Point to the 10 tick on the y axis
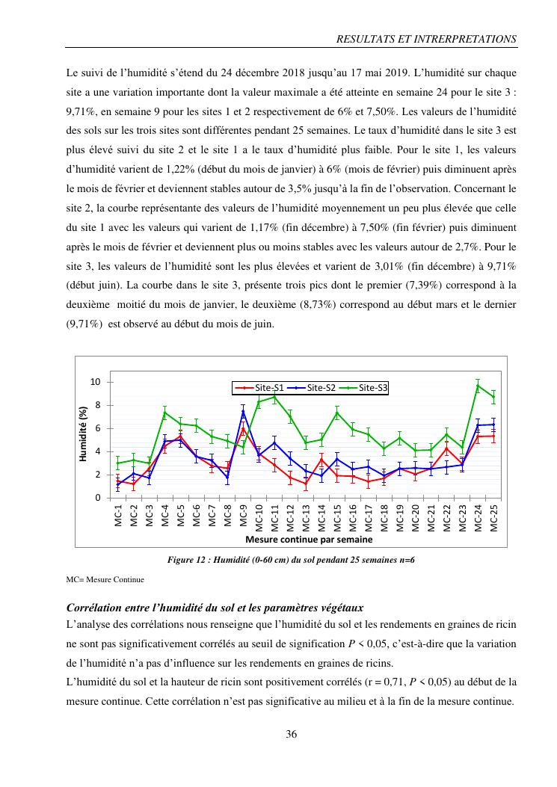(95, 383)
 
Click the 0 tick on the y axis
(98, 498)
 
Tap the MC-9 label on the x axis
(244, 516)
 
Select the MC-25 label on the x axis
(493, 516)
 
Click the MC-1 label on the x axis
(118, 516)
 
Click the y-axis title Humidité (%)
(84, 433)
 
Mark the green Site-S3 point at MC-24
(478, 386)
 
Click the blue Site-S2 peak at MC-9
(243, 412)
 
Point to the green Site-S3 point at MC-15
(337, 413)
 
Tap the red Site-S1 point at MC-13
(306, 484)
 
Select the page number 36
(292, 734)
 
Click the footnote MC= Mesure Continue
(105, 579)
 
